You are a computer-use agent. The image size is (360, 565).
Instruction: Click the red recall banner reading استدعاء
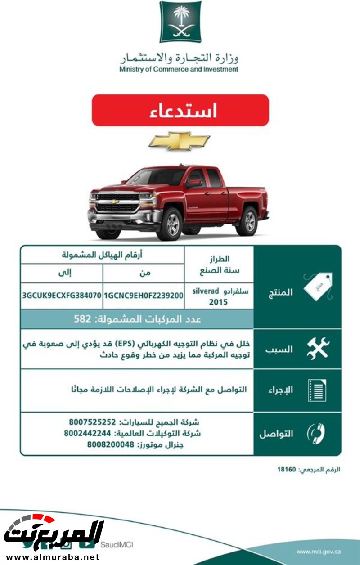click(x=180, y=110)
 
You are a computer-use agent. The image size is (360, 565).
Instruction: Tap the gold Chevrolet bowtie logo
click(x=179, y=141)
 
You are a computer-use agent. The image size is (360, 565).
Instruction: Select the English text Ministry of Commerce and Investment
click(x=179, y=70)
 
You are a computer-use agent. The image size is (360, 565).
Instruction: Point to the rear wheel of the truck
click(x=247, y=221)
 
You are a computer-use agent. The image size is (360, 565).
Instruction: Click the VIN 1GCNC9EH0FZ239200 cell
click(x=143, y=296)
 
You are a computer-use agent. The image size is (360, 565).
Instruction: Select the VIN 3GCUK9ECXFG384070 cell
click(x=62, y=296)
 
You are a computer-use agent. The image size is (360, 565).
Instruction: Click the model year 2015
click(x=218, y=302)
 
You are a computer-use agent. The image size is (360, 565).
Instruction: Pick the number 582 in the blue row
click(x=82, y=319)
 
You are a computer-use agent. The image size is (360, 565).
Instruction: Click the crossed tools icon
click(x=318, y=349)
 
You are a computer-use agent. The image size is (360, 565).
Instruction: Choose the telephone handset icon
click(x=316, y=434)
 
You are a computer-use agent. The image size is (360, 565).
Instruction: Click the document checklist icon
click(x=317, y=390)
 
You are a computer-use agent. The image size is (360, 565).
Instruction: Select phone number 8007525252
click(x=93, y=422)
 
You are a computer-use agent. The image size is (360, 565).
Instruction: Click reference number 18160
click(x=286, y=470)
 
